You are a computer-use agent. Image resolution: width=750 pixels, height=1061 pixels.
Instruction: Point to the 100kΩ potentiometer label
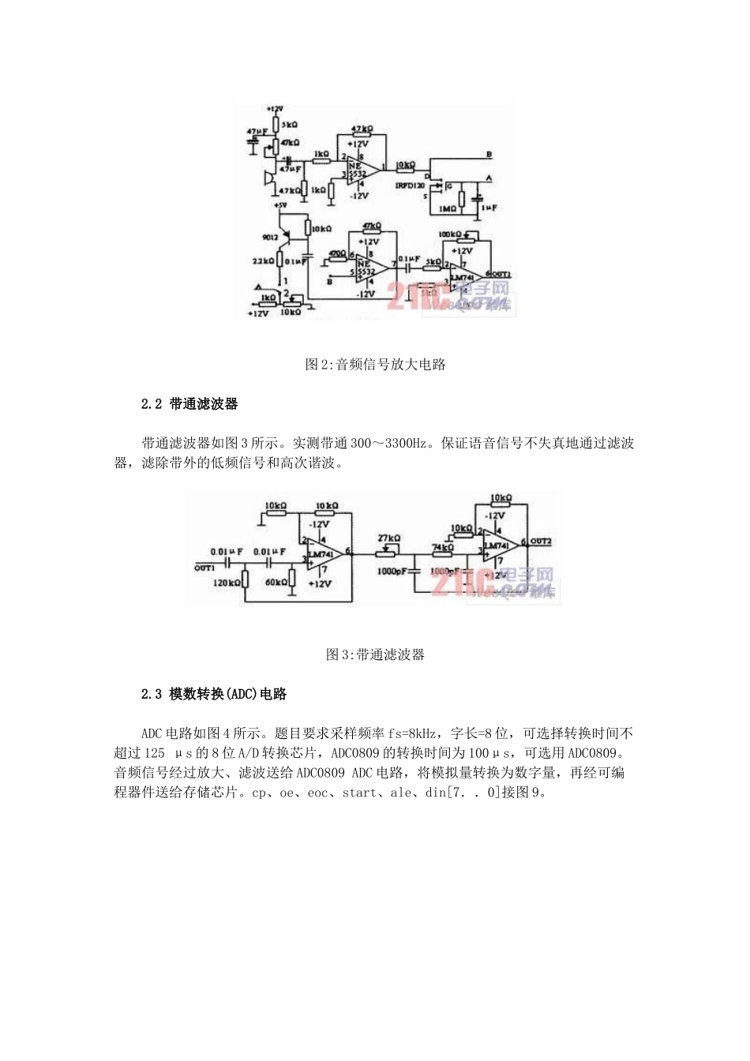click(x=451, y=234)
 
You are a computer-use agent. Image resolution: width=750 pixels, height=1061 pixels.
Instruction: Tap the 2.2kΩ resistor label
click(x=263, y=260)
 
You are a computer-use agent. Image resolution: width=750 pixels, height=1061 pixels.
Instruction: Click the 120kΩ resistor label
click(x=227, y=583)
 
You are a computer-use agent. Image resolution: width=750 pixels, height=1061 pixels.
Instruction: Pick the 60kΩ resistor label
click(x=276, y=583)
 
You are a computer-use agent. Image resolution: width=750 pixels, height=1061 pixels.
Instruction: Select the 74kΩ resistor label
click(x=443, y=547)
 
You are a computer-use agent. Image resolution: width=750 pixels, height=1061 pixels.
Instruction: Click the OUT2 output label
click(x=541, y=542)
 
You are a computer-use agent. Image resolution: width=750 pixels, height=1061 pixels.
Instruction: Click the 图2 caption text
click(x=375, y=365)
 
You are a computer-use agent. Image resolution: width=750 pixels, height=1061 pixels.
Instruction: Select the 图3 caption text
click(x=375, y=654)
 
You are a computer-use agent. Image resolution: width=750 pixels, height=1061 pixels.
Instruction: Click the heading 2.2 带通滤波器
click(x=189, y=404)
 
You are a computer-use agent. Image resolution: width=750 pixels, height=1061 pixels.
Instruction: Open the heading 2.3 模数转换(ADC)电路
click(x=213, y=695)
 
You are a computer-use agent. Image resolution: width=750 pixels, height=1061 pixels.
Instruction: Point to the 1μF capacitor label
click(x=489, y=208)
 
